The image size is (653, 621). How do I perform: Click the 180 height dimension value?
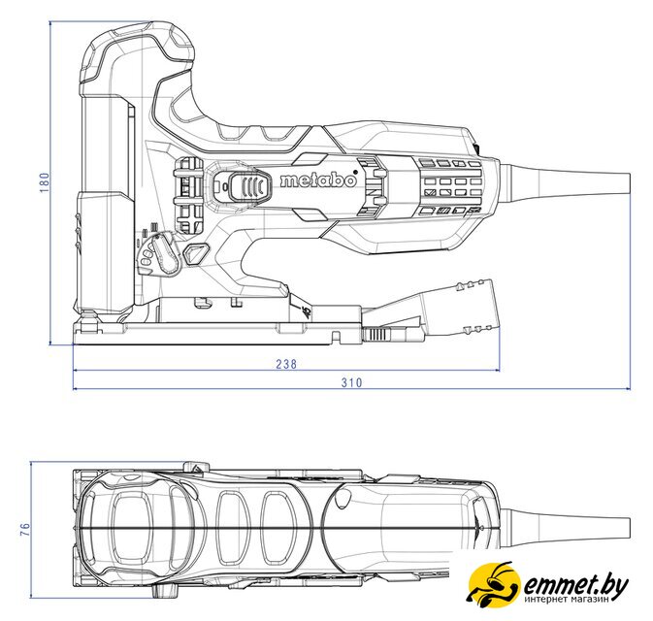(44, 182)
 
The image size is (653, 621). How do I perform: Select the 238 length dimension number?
(286, 364)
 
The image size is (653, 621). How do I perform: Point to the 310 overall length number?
(352, 382)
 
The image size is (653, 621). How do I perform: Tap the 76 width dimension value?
(26, 530)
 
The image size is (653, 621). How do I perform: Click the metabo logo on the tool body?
(318, 180)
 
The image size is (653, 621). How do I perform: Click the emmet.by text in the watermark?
(575, 586)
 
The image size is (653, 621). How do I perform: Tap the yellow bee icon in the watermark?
(494, 583)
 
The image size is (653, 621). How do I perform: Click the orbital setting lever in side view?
(166, 254)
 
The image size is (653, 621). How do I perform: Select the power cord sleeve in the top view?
(568, 528)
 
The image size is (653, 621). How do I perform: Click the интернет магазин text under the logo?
(568, 599)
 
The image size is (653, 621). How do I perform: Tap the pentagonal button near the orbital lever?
(195, 253)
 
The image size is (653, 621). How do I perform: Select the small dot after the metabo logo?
(355, 172)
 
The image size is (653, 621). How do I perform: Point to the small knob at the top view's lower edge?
(165, 590)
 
